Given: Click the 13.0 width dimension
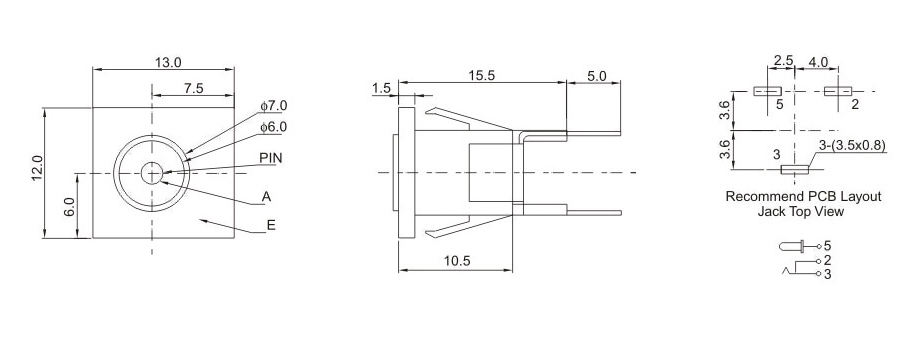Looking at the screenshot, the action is [x=167, y=62].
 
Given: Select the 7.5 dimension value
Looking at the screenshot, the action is [x=193, y=88].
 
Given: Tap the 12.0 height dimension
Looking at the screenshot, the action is [x=37, y=168].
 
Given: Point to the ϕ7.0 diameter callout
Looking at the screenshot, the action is [x=273, y=107].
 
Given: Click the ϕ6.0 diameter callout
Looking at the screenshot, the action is [x=273, y=127].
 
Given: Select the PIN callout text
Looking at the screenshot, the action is [x=271, y=158].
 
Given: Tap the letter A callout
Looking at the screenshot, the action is [x=265, y=197].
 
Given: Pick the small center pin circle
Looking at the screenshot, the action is [x=152, y=172].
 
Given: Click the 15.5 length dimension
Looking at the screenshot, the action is [x=482, y=76].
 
